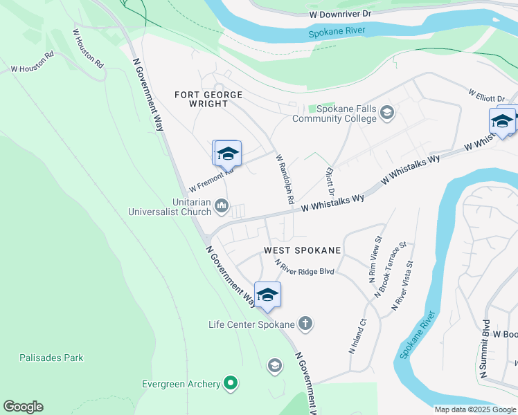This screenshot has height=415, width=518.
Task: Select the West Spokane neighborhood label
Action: click(302, 250)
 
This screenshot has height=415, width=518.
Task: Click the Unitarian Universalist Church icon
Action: click(222, 205)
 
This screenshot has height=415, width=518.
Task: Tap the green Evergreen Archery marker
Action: click(231, 382)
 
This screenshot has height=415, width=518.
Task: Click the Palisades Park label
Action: click(51, 358)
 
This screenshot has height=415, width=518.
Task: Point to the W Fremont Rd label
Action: click(208, 182)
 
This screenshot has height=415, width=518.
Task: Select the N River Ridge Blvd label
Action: click(305, 268)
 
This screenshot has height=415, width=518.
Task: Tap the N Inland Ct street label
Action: click(357, 335)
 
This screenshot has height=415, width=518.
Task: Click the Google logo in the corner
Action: click(23, 407)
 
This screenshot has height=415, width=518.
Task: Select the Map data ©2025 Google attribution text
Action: click(474, 409)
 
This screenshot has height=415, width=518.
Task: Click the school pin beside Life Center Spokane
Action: click(267, 295)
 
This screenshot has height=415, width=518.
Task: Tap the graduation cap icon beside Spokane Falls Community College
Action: click(386, 113)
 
